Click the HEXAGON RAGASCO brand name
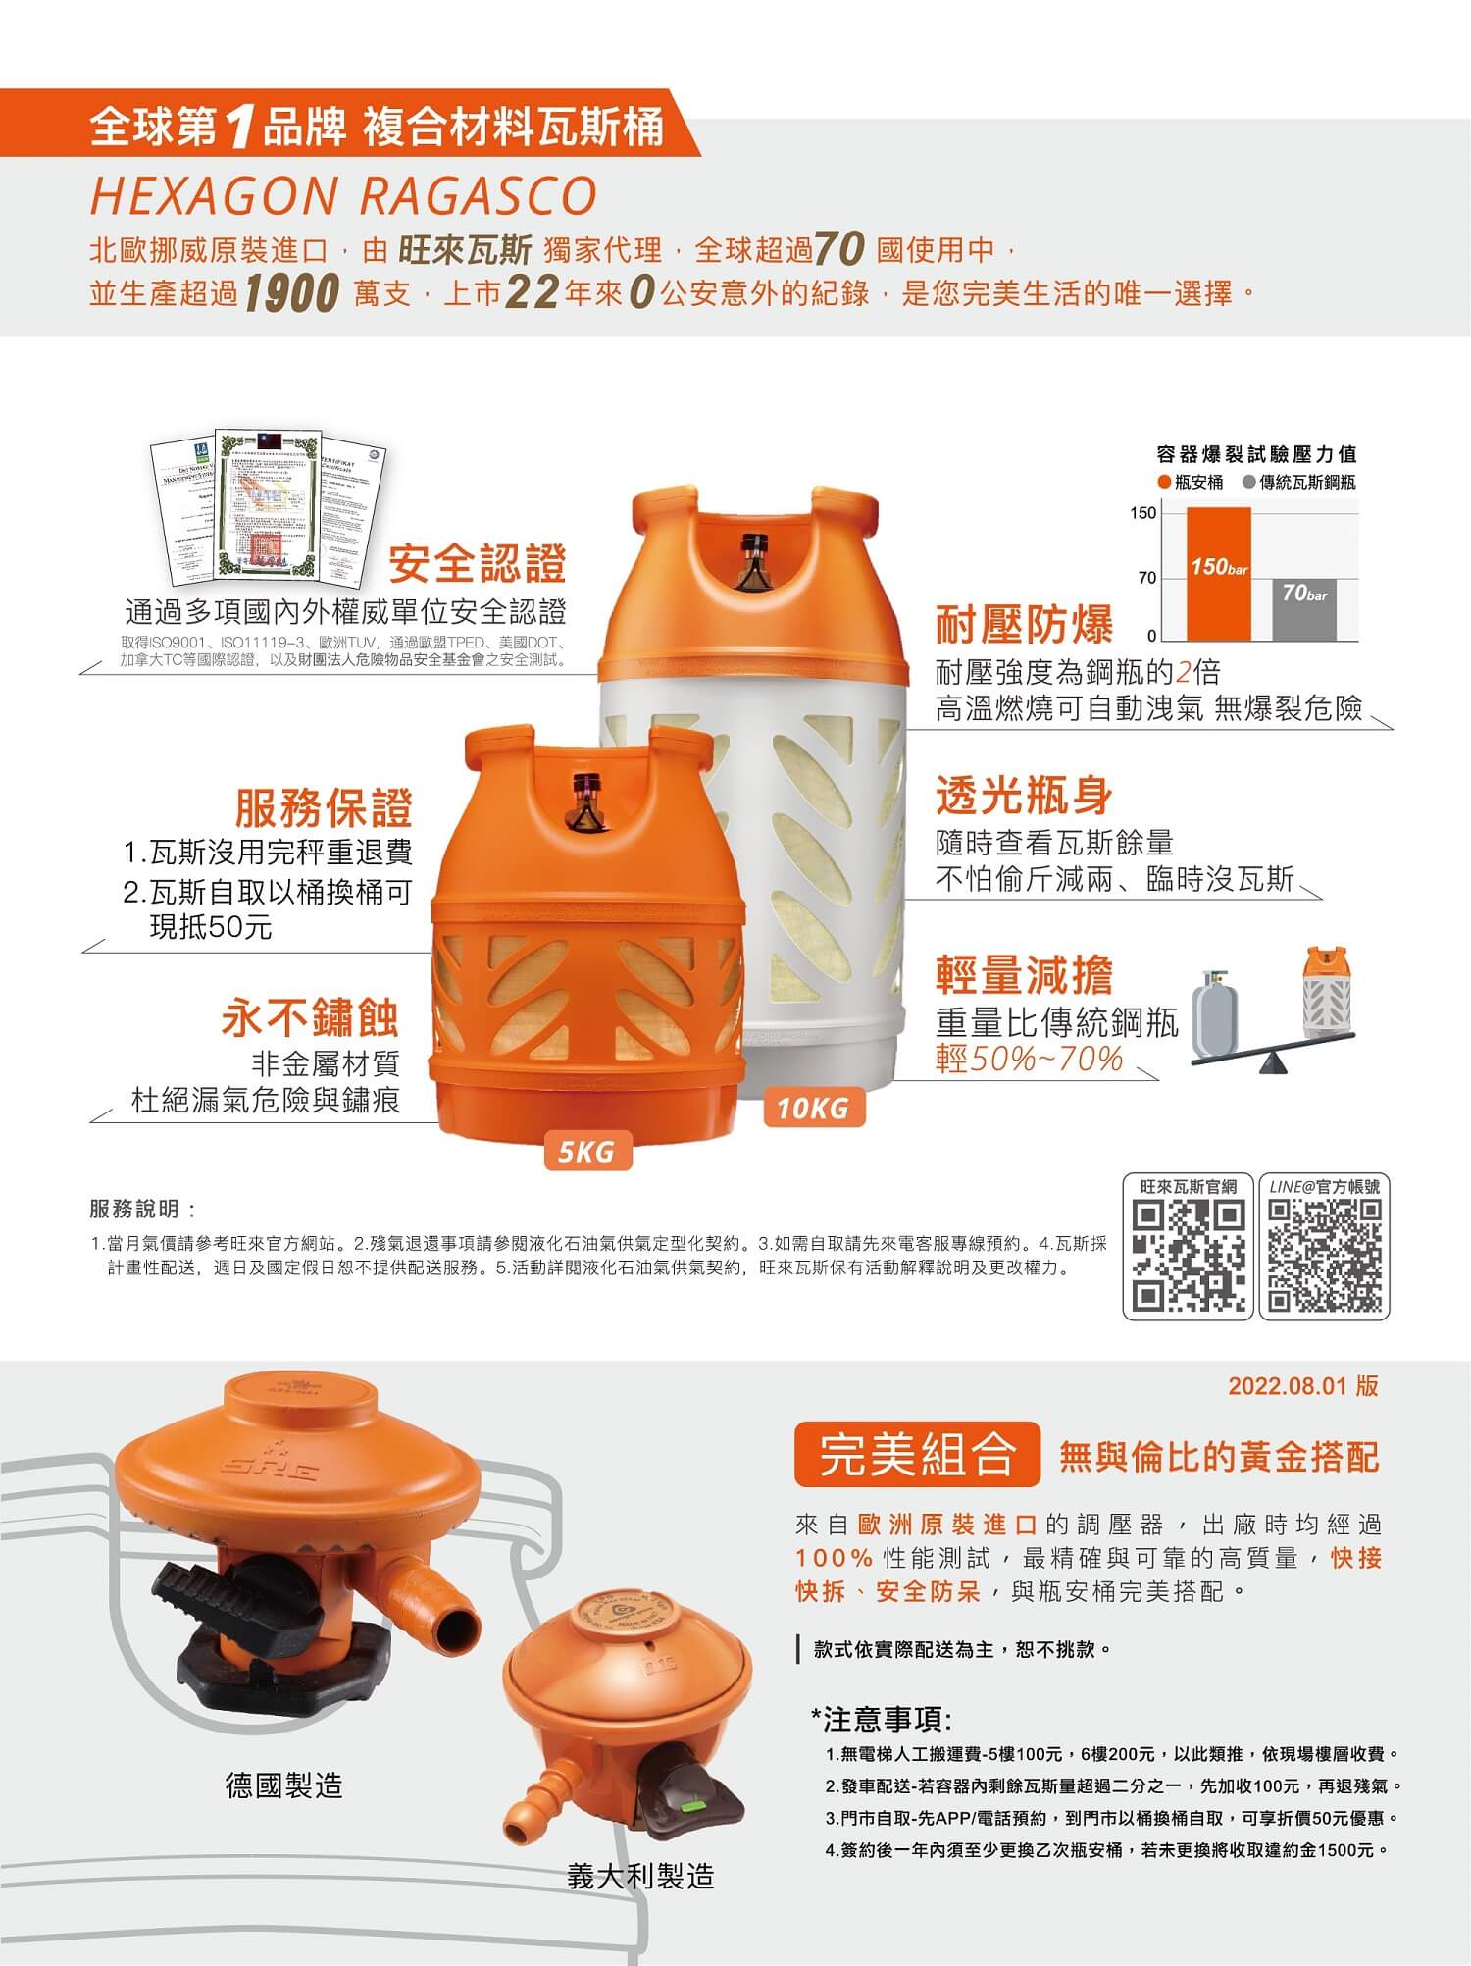click(343, 195)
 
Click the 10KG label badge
click(813, 1109)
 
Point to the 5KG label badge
click(586, 1152)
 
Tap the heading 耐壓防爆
click(1024, 623)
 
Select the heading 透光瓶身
click(1024, 794)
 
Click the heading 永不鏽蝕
click(311, 1017)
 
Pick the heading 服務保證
click(324, 807)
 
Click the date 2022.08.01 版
click(1302, 1385)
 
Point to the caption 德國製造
click(284, 1785)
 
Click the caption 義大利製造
click(640, 1876)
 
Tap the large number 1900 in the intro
click(291, 293)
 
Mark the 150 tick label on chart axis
click(1143, 513)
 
